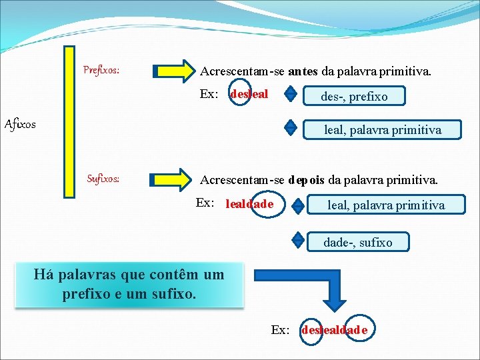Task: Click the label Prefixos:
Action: point(101,69)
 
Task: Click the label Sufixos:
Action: point(104,179)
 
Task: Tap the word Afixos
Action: point(21,124)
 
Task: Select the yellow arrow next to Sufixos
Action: point(172,179)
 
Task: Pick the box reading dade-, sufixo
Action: point(357,241)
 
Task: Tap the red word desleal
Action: point(249,95)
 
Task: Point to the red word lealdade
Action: point(249,204)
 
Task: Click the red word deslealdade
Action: point(334,330)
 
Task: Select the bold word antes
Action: point(304,70)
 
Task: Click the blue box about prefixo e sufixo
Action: point(129,285)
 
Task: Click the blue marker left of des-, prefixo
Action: point(290,95)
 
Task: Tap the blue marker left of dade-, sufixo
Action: point(298,239)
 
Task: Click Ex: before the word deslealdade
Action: point(281,330)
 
